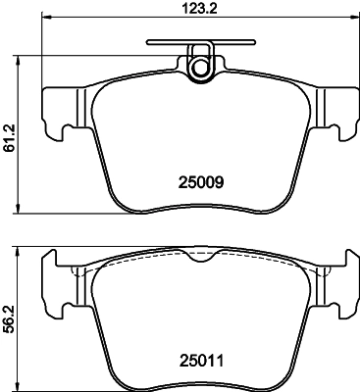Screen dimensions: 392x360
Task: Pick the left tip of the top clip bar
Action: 148,43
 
